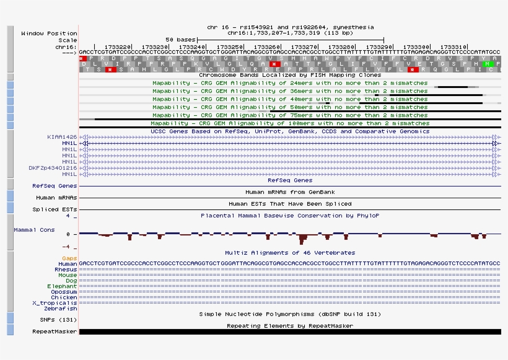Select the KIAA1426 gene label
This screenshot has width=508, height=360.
(x=62, y=136)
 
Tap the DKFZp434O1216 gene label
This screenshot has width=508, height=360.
(x=53, y=168)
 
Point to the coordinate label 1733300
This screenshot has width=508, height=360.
(x=416, y=46)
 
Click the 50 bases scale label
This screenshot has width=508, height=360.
(x=181, y=39)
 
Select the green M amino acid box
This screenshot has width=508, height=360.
(x=488, y=63)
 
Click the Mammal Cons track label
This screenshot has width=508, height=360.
(x=34, y=230)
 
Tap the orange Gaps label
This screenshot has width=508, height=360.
(x=69, y=258)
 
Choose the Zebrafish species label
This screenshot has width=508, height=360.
(x=63, y=309)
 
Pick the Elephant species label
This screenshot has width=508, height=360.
(x=63, y=286)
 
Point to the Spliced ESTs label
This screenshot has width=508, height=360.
(x=55, y=209)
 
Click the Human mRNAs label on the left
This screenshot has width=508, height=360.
(x=56, y=198)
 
